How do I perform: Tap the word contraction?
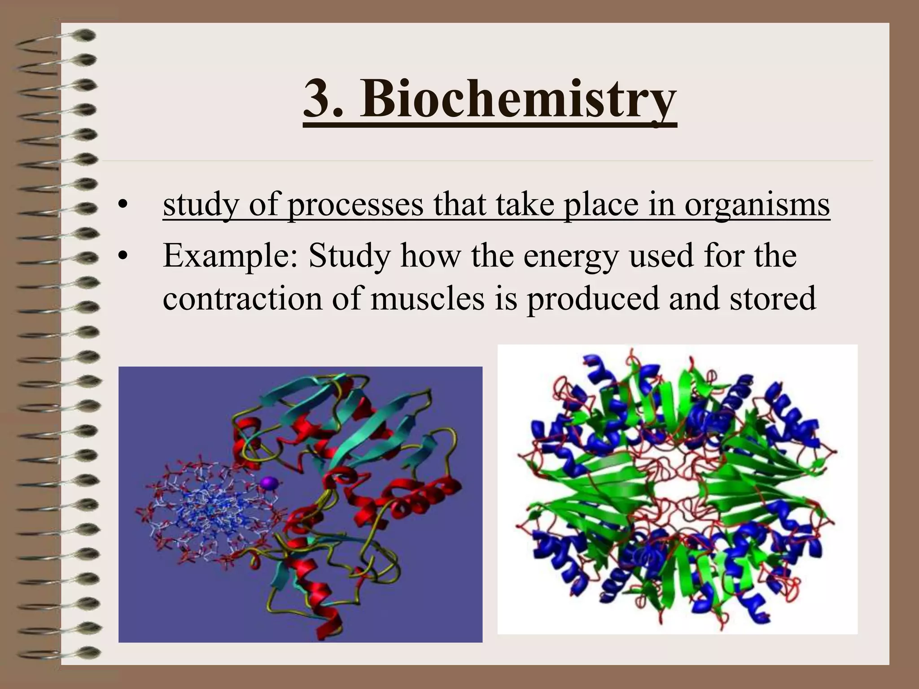[x=242, y=299]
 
